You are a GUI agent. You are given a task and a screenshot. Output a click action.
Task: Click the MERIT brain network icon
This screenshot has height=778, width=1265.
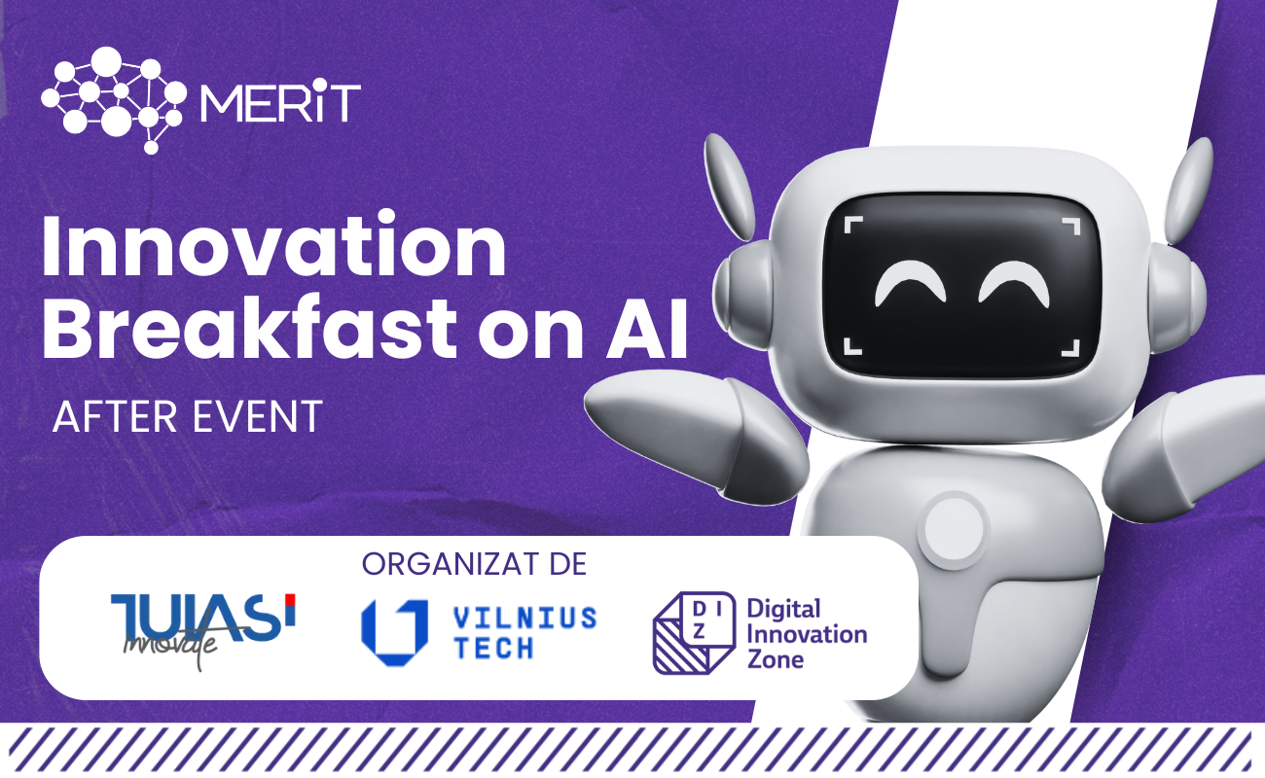click(x=113, y=100)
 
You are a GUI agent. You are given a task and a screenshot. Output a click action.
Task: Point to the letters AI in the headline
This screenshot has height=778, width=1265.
click(x=647, y=328)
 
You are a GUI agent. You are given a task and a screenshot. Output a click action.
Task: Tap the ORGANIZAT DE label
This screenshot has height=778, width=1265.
click(x=475, y=564)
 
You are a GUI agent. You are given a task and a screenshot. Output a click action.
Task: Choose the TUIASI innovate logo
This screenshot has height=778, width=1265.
click(x=203, y=629)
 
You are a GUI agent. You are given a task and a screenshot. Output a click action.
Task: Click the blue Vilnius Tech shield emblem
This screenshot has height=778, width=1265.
click(x=394, y=632)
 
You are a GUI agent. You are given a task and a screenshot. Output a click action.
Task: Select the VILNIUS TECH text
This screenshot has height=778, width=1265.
click(x=525, y=633)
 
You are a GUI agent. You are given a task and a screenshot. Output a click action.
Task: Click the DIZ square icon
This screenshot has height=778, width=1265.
click(x=694, y=633)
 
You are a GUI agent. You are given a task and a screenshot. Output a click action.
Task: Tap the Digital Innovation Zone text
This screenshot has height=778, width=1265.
click(x=807, y=634)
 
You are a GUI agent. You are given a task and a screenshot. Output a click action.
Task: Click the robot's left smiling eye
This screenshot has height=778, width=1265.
click(x=910, y=281)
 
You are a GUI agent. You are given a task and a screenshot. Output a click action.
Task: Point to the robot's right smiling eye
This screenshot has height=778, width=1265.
click(x=1014, y=281)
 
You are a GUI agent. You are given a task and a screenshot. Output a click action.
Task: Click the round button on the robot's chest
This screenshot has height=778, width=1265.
click(x=954, y=529)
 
